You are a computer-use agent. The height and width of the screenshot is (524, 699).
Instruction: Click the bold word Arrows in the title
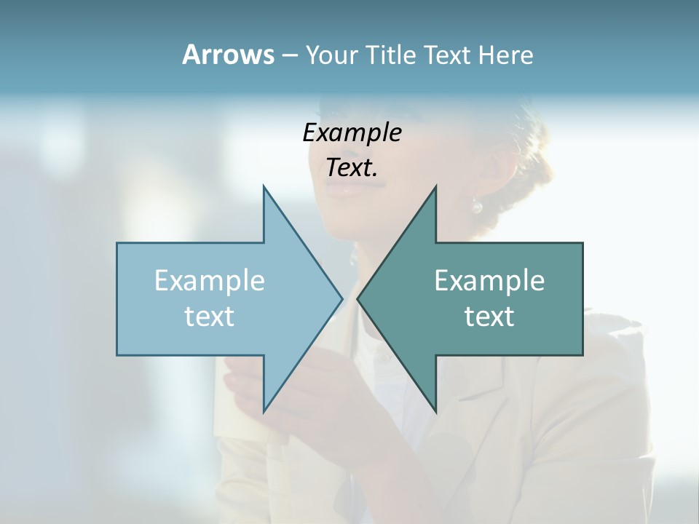click(x=228, y=55)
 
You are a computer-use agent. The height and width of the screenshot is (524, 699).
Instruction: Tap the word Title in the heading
click(x=391, y=55)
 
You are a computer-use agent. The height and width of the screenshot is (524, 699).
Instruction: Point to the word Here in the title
click(x=505, y=55)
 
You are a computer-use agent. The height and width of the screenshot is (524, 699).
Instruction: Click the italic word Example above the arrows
click(x=352, y=133)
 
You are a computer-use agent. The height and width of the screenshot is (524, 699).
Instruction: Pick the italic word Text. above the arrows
click(x=352, y=168)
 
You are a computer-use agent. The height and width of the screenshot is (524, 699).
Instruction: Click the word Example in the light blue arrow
click(x=210, y=280)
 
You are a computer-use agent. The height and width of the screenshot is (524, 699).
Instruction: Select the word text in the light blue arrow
click(x=210, y=316)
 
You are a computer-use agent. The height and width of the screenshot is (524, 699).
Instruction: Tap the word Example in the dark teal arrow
click(x=489, y=280)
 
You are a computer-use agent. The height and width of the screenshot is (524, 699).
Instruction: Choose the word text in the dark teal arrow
click(x=489, y=316)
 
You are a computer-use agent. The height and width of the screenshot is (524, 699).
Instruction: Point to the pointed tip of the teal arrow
click(x=358, y=298)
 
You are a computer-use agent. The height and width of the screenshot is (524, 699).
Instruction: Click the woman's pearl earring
click(x=477, y=207)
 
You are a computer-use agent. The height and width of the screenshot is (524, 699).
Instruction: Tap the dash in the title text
click(x=289, y=55)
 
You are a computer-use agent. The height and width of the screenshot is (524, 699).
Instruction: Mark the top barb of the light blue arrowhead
click(x=264, y=188)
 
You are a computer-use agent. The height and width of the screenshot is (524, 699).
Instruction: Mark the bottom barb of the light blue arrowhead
click(x=264, y=410)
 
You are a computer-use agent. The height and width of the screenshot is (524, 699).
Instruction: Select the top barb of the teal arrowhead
click(x=435, y=188)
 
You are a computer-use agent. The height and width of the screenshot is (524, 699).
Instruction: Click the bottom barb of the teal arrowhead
click(x=435, y=410)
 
